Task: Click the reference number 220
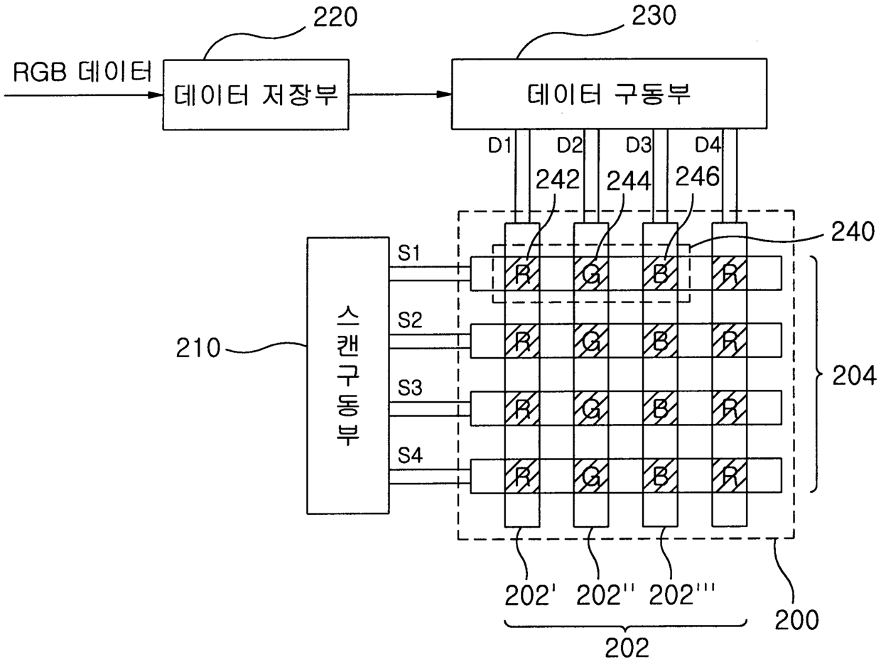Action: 335,18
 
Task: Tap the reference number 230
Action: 654,16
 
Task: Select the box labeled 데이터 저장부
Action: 256,94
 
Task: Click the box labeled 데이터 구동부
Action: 609,94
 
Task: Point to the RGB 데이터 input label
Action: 82,72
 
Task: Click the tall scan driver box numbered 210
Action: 348,375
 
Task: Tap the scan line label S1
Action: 409,253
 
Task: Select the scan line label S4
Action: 410,455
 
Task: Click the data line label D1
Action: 499,146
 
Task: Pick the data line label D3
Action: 639,146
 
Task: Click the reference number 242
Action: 558,179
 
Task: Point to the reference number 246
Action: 697,177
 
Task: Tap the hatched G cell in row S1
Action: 591,273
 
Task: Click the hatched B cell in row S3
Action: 660,408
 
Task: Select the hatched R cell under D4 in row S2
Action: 730,341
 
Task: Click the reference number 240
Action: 853,232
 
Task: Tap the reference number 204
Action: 854,376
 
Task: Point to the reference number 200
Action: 796,620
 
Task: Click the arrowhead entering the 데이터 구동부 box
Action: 444,94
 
